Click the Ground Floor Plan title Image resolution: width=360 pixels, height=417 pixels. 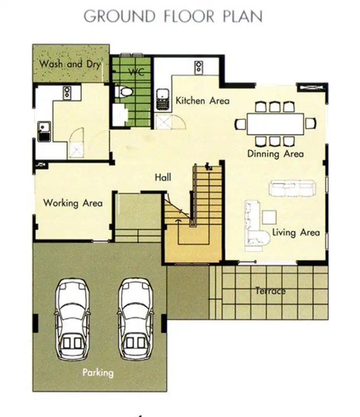tap(173, 16)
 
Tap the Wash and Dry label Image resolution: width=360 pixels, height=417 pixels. tap(70, 64)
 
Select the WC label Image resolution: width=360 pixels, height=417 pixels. tap(136, 72)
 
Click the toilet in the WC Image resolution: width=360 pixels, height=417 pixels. tap(124, 92)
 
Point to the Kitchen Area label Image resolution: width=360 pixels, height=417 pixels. tap(203, 101)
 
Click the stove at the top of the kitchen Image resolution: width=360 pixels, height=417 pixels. tap(199, 67)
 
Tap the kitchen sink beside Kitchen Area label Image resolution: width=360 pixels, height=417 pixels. tap(163, 100)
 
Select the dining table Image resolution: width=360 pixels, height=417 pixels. tap(275, 124)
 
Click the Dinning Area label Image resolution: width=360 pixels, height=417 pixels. tap(275, 153)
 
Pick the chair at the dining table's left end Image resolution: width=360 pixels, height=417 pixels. tap(240, 124)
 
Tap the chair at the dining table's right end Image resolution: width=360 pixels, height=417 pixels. tap(310, 123)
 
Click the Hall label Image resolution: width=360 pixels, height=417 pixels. tap(163, 177)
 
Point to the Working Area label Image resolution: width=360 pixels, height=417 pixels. tap(73, 203)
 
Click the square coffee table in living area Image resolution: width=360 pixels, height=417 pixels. tap(269, 217)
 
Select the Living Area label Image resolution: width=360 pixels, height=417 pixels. tap(296, 233)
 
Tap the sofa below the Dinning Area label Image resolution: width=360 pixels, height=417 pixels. tap(292, 188)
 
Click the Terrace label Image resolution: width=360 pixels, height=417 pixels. tap(270, 291)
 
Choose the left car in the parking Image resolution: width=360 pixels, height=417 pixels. tap(72, 319)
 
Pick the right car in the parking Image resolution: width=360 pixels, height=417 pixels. tap(136, 319)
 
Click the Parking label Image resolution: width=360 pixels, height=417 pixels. tap(98, 373)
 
